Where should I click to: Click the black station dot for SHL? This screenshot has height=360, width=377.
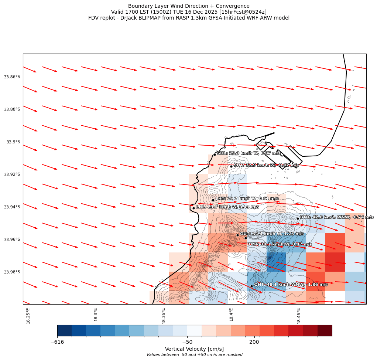(x=215, y=154)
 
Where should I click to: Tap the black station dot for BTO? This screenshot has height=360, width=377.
(x=298, y=218)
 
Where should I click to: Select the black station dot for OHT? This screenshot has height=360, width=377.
(x=251, y=286)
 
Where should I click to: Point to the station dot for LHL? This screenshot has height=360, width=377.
(x=193, y=208)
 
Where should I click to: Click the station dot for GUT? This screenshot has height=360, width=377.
(x=237, y=235)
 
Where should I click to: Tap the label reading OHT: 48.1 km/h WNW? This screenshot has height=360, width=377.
(x=291, y=285)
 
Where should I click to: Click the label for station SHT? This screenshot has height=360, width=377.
(x=266, y=165)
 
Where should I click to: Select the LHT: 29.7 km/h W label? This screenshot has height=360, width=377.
(x=247, y=199)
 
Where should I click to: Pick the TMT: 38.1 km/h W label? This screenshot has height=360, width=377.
(x=280, y=244)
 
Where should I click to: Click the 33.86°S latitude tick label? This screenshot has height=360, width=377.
(x=12, y=77)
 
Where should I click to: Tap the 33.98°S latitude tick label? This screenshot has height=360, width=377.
(x=12, y=272)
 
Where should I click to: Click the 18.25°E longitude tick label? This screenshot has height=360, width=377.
(x=28, y=316)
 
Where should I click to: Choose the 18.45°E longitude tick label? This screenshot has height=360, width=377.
(x=299, y=316)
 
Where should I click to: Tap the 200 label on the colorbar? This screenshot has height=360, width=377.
(x=254, y=342)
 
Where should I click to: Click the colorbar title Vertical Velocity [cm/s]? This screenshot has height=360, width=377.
(x=194, y=349)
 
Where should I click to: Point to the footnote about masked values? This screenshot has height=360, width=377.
(x=194, y=355)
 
